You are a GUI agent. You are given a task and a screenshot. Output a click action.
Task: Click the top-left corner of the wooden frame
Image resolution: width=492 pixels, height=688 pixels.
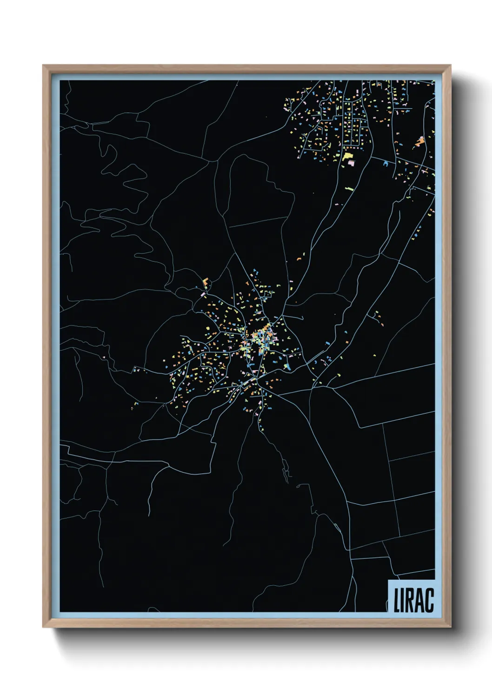pyautogui.click(x=43, y=66)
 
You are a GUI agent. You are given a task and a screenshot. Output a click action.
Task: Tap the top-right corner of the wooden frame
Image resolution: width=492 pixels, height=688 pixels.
pyautogui.click(x=451, y=66)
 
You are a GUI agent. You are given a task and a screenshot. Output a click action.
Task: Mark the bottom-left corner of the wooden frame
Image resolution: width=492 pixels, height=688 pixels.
pyautogui.click(x=43, y=627)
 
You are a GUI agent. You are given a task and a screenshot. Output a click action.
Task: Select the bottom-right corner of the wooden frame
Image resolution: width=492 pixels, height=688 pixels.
pyautogui.click(x=451, y=627)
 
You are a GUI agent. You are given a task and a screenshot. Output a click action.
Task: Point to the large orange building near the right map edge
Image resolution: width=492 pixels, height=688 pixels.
pyautogui.click(x=420, y=141)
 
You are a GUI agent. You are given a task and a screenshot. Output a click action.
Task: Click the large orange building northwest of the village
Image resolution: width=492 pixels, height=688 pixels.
pyautogui.click(x=206, y=282)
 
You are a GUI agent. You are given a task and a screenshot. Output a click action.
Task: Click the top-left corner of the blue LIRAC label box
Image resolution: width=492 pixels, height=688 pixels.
pyautogui.click(x=388, y=580)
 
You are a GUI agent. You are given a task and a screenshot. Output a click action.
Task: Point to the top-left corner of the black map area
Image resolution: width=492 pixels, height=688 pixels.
pyautogui.click(x=60, y=80)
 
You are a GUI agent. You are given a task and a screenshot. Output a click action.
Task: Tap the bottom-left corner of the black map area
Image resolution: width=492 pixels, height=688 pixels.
pyautogui.click(x=60, y=612)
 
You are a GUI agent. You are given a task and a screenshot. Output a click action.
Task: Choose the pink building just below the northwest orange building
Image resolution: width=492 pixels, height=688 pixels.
pyautogui.click(x=203, y=294)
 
